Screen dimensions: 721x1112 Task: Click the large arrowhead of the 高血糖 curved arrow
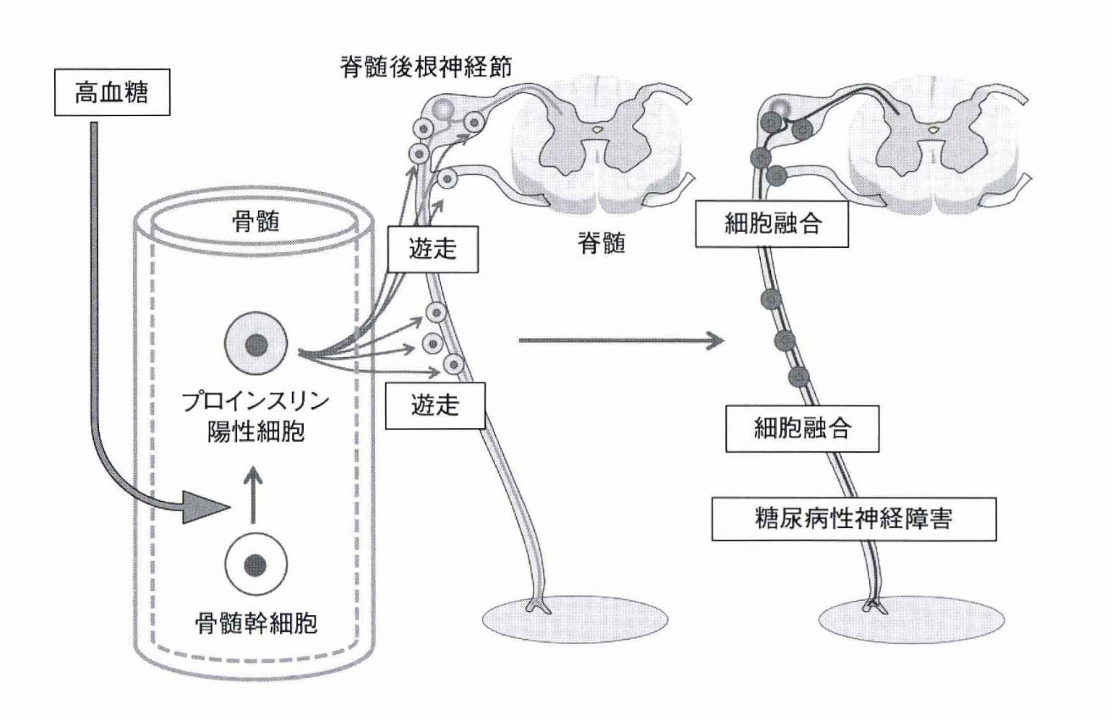click(x=208, y=509)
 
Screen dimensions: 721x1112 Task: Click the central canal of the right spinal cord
click(x=933, y=129)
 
